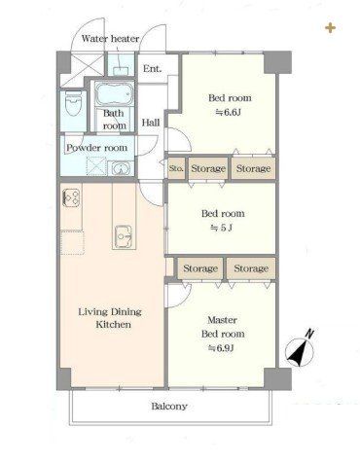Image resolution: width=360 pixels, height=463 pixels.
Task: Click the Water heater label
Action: [110, 39]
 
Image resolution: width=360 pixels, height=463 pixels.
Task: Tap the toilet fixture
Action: [73, 103]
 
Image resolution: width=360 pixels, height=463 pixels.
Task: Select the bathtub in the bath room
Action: [115, 93]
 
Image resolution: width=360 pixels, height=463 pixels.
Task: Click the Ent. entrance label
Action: [152, 69]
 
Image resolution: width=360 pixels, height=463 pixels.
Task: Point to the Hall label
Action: [151, 123]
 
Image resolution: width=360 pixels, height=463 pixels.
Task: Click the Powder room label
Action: [96, 148]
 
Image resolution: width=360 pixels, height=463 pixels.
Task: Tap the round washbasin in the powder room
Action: [121, 169]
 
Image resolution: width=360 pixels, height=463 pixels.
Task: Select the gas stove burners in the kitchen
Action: [72, 197]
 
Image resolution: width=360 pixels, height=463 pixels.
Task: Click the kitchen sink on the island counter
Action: [123, 236]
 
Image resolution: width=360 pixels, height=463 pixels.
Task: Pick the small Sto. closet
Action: [176, 168]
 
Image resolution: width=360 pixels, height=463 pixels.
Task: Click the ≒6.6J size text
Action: [229, 112]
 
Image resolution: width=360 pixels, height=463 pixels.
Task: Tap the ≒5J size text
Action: [222, 228]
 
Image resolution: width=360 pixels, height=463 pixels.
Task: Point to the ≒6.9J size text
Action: [222, 348]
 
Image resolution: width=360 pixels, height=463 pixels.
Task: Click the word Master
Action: [222, 320]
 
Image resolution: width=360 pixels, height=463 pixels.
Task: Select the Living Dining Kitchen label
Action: [110, 318]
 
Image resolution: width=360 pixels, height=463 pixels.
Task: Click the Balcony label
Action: [169, 407]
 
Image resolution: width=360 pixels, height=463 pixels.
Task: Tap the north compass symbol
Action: [300, 349]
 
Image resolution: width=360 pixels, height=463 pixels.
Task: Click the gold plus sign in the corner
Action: [330, 28]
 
